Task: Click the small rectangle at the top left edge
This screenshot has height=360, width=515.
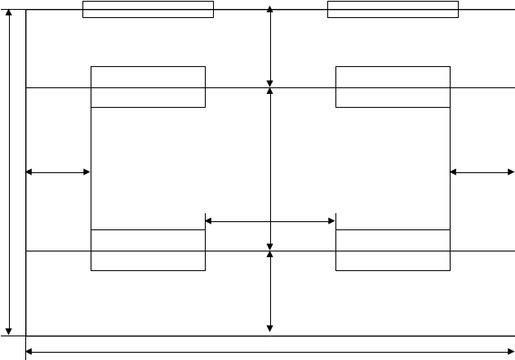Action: pyautogui.click(x=149, y=9)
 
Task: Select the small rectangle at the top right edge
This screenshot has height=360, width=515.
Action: pyautogui.click(x=393, y=9)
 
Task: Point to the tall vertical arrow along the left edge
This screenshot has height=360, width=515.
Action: pyautogui.click(x=9, y=171)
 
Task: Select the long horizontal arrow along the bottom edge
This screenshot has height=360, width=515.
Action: pyautogui.click(x=269, y=352)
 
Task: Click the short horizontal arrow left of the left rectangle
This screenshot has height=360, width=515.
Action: pyautogui.click(x=58, y=172)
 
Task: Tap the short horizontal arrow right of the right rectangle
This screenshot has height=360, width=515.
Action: pyautogui.click(x=482, y=172)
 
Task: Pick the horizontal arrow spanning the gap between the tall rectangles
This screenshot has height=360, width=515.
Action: pyautogui.click(x=270, y=221)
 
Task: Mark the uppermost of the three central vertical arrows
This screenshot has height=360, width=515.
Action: pyautogui.click(x=270, y=47)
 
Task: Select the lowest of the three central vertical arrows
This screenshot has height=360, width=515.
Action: pyautogui.click(x=270, y=291)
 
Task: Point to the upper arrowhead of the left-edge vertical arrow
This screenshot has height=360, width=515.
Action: pyautogui.click(x=9, y=14)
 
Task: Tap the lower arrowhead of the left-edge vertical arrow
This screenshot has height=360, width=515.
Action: pyautogui.click(x=9, y=330)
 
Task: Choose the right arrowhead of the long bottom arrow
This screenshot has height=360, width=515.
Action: pyautogui.click(x=510, y=352)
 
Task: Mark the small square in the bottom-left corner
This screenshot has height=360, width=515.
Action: pyautogui.click(x=13, y=348)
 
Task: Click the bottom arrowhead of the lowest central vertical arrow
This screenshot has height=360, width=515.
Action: pyautogui.click(x=270, y=328)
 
